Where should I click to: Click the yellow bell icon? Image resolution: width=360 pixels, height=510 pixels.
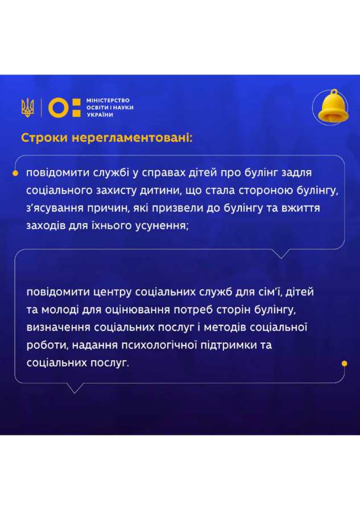[333, 106]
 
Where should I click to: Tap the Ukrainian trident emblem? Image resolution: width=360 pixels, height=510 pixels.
[28, 108]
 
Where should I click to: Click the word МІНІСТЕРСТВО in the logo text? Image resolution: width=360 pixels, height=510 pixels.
[108, 100]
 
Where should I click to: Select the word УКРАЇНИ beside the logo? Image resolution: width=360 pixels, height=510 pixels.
[100, 114]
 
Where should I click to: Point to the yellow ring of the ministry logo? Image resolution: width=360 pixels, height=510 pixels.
[59, 108]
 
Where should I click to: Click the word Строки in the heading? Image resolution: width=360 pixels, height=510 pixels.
[44, 138]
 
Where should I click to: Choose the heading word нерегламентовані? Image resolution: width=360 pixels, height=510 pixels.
[132, 138]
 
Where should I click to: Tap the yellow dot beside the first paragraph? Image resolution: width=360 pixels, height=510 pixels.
[15, 173]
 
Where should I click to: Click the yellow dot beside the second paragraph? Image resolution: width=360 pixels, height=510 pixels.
[345, 363]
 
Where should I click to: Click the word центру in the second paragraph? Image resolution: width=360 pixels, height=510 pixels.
[112, 292]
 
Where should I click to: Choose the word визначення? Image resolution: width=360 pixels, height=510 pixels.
[59, 327]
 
